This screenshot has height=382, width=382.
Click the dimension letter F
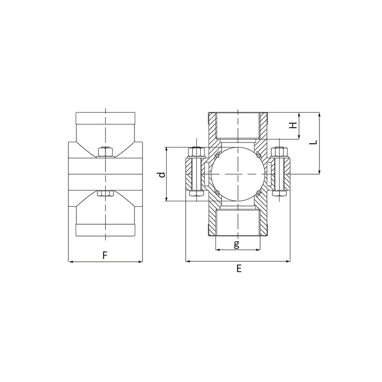[105, 255]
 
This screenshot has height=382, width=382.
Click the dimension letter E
[239, 269]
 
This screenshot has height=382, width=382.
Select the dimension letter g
[236, 244]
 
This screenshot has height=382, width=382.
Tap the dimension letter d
[162, 174]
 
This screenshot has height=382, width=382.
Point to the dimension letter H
[294, 125]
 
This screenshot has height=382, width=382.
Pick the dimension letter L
[315, 142]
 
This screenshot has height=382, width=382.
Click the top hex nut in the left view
[105, 152]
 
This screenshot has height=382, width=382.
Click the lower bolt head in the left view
[105, 193]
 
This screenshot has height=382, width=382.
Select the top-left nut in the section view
[196, 152]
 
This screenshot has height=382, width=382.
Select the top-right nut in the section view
[279, 152]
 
